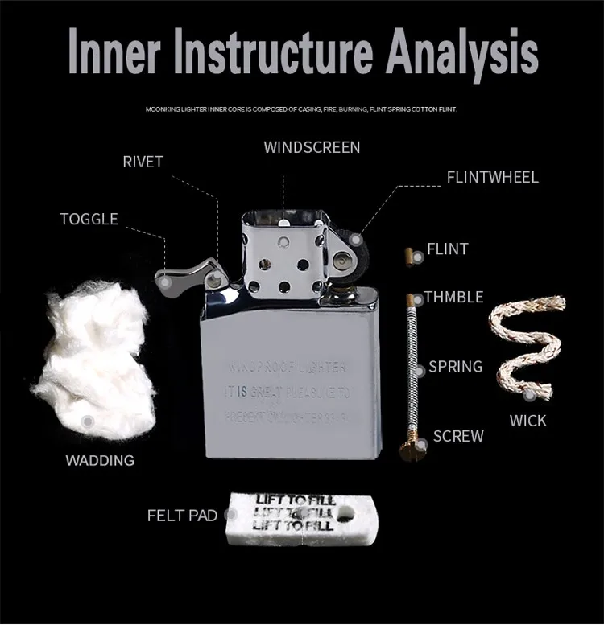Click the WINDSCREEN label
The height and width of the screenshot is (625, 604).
(312, 147)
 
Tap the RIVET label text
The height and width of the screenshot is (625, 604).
(143, 162)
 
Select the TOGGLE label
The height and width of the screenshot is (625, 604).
(89, 219)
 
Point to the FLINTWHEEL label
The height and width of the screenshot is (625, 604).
(492, 177)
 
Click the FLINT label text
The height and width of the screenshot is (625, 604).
(447, 249)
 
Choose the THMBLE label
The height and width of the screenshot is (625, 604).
(453, 298)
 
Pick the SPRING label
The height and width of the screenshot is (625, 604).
(455, 367)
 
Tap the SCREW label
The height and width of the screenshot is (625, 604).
(458, 436)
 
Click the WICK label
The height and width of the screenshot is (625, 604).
(527, 420)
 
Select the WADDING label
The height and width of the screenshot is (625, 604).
(100, 461)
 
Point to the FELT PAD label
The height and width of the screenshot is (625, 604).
(182, 516)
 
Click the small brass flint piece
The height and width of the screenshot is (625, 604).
(409, 255)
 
